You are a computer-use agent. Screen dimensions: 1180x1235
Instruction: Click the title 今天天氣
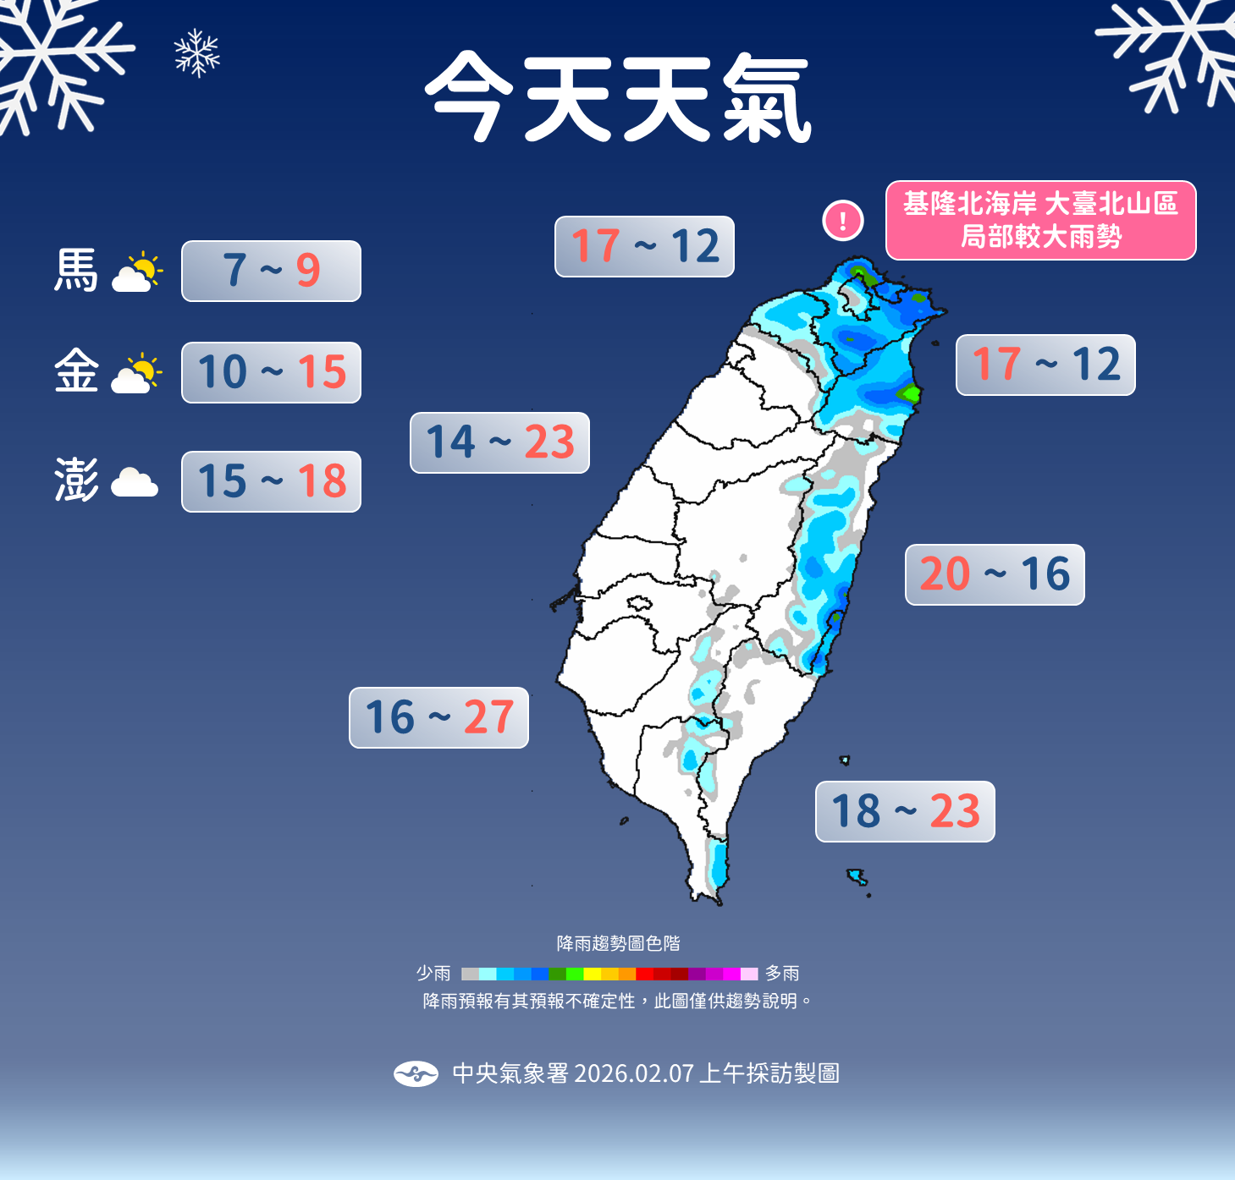pyautogui.click(x=617, y=97)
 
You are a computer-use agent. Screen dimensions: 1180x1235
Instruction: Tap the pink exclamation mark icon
pyautogui.click(x=842, y=221)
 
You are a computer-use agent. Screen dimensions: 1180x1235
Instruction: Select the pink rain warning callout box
pyautogui.click(x=1040, y=220)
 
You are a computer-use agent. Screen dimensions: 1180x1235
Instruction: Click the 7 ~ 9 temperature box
pyautogui.click(x=271, y=271)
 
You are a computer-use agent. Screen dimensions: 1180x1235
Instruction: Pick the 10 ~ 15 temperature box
pyautogui.click(x=271, y=372)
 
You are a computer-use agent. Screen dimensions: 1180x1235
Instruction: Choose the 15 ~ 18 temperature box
pyautogui.click(x=271, y=481)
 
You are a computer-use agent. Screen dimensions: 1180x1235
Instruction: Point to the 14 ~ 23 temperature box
pyautogui.click(x=499, y=442)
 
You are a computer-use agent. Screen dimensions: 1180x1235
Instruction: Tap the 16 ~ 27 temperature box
pyautogui.click(x=438, y=717)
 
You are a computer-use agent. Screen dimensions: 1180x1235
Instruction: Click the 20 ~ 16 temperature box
pyautogui.click(x=995, y=574)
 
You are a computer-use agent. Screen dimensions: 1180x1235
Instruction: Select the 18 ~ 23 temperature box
pyautogui.click(x=905, y=811)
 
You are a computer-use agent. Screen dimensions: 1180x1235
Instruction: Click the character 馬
pyautogui.click(x=76, y=271)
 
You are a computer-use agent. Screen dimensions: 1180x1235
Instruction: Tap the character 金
pyautogui.click(x=76, y=371)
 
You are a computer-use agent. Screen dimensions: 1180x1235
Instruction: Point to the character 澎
pyautogui.click(x=76, y=480)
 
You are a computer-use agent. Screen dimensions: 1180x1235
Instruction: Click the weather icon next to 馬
pyautogui.click(x=136, y=272)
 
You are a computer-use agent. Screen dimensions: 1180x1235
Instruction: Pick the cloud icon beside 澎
pyautogui.click(x=135, y=482)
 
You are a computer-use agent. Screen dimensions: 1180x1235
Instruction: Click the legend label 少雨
pyautogui.click(x=433, y=974)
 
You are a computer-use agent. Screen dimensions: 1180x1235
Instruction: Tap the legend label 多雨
pyautogui.click(x=782, y=974)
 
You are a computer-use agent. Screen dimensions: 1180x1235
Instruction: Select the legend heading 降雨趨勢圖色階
pyautogui.click(x=618, y=943)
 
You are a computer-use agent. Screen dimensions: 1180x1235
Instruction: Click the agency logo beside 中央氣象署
pyautogui.click(x=416, y=1073)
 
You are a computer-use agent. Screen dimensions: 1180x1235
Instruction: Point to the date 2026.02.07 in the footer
pyautogui.click(x=634, y=1073)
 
